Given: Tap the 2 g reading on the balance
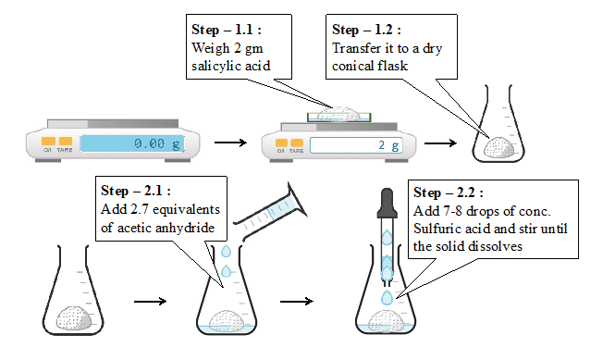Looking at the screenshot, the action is coord(388,145).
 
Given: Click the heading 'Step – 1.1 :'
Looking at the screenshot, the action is coord(227,30).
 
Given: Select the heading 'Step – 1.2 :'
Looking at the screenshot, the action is coord(366,30).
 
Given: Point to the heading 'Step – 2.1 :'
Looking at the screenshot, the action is coord(136,191).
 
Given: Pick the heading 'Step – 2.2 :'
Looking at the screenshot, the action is coord(449,192).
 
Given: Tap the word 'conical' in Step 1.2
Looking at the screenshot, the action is coord(351,66).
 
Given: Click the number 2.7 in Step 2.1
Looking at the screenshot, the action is coord(140,209).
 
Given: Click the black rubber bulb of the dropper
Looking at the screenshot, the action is coord(387,203).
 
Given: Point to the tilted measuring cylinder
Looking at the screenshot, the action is coord(271,212).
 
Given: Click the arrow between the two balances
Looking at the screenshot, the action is coord(230,143).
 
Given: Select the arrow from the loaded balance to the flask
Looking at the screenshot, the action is coord(440,143).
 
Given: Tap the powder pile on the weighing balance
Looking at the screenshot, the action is coord(338,114).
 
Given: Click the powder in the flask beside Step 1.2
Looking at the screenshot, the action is coord(498,148).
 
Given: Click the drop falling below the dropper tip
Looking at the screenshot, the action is coord(387,298).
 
